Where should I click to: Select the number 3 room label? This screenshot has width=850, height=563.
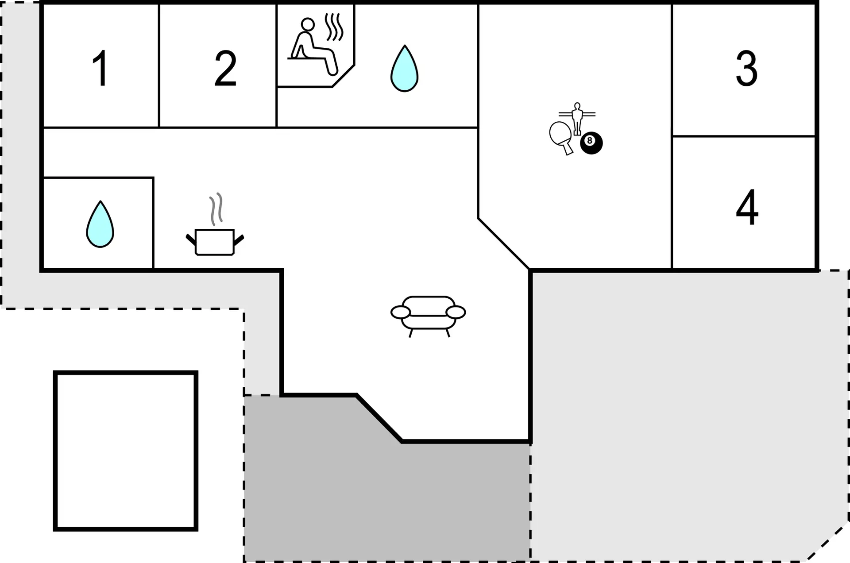pos(746,68)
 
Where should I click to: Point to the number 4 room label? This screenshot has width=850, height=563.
pos(747,207)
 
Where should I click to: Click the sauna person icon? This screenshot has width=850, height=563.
pos(313,46)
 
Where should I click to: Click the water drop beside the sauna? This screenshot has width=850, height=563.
pos(404,68)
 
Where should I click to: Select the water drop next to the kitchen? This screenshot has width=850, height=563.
pos(100,224)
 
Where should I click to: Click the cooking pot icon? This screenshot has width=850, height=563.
pos(215,242)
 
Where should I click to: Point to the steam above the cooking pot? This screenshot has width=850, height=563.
pos(216,208)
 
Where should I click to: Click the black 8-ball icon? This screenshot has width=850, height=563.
pos(591,143)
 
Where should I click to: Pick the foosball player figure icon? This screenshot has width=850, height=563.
pos(577,119)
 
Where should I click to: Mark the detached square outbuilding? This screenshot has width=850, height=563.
pos(126,451)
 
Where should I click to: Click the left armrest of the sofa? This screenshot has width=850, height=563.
pos(401,312)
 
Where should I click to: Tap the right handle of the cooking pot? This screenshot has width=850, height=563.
pos(239,240)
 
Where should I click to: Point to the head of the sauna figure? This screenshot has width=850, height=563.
pos(307,24)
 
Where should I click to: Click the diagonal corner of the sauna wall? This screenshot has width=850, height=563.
pos(344,76)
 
